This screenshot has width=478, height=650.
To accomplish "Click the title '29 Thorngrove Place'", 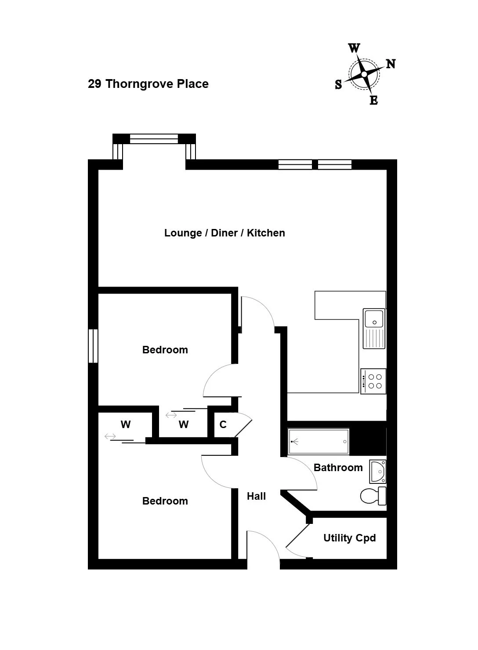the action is coord(148,84).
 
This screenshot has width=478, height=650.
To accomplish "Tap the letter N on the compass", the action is coord(391,64).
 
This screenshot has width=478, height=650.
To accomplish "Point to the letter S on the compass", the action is coord(338,84).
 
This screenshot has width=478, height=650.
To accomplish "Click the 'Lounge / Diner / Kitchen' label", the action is coord(225,233).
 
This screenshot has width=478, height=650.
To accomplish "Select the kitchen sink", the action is coord(374,328).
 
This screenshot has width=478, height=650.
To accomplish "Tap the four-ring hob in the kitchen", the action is coord(373,381).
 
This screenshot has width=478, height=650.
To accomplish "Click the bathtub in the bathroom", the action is coord(319,442).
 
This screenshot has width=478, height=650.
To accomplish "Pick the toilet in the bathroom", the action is coord(373,496).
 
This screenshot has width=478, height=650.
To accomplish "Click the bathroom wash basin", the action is coord(378,472).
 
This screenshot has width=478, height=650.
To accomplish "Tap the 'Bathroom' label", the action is coord(338,468).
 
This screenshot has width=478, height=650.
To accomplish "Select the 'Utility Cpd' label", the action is coord(350,538).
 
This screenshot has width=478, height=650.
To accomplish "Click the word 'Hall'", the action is coord(256,496).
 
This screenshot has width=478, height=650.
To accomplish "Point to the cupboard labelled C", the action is coord(223,425).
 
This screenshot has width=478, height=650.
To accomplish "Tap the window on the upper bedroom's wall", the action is coord(93,345).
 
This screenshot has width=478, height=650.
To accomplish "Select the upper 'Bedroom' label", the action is coord(165,350).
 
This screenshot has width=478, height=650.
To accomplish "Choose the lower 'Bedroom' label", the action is coord(165,501).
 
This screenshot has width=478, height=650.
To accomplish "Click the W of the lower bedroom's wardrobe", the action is coord(126,425).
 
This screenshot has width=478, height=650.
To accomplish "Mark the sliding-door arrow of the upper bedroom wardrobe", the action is coord(171,415).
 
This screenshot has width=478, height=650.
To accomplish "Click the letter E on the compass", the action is coord(374,100).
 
